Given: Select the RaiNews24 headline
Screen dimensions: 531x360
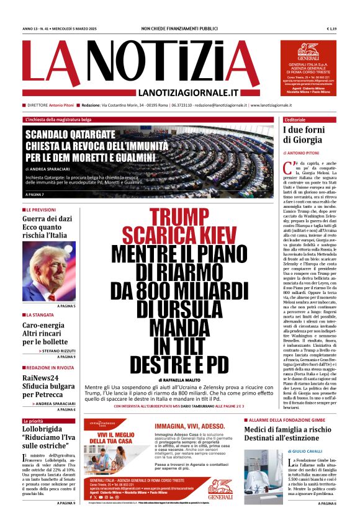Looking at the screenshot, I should pos(40,378).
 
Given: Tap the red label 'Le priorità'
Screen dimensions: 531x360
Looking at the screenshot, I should pos(34,421).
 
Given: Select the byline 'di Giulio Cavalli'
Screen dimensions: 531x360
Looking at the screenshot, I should pos(305,451).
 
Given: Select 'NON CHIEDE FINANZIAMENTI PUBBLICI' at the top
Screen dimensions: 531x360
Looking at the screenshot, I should pos(179,29).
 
